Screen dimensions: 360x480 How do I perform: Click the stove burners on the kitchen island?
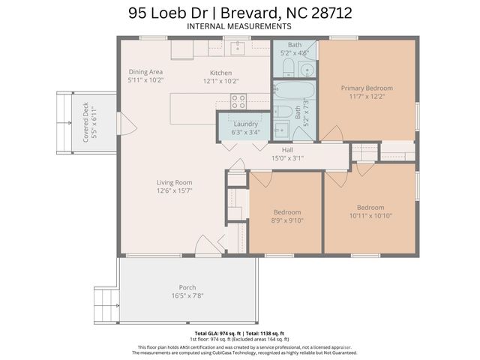click(238, 100)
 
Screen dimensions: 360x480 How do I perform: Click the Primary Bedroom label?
click(367, 88)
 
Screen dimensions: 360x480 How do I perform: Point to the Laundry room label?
click(246, 124)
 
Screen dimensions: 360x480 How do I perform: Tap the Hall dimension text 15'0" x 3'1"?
click(287, 157)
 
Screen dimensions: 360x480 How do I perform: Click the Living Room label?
click(174, 182)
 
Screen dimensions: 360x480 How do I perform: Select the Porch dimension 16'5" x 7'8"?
click(187, 295)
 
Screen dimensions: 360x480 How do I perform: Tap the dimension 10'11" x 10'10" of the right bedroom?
click(370, 216)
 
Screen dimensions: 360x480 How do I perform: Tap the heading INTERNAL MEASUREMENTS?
click(239, 27)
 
